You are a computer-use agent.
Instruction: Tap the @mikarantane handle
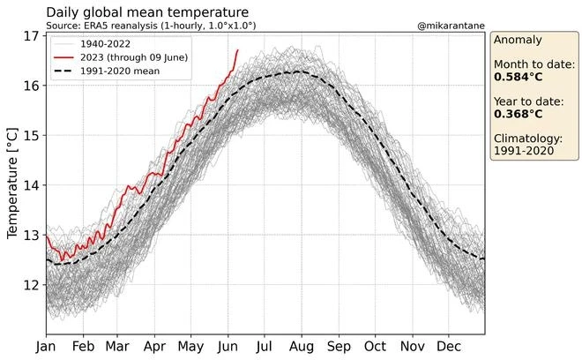449,27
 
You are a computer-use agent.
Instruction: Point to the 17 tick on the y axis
32,36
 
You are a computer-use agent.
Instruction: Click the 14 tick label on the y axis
32,185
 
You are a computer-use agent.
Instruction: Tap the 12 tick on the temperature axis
32,285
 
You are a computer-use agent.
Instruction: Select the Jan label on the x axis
46,347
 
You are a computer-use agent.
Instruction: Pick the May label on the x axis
192,347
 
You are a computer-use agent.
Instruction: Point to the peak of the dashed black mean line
298,71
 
